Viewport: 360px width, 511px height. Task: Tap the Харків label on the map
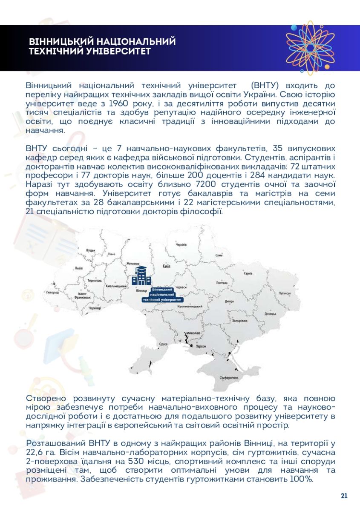(248, 273)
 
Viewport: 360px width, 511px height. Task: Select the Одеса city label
(163, 344)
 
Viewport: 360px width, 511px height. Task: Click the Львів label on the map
(79, 269)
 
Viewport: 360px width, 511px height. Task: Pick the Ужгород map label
(52, 293)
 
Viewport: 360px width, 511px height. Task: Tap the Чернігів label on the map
(181, 245)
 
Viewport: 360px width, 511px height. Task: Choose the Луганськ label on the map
(285, 293)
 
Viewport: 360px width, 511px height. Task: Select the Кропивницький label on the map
(190, 306)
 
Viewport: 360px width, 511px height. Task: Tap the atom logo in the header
(310, 48)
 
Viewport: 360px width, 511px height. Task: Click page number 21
(344, 496)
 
